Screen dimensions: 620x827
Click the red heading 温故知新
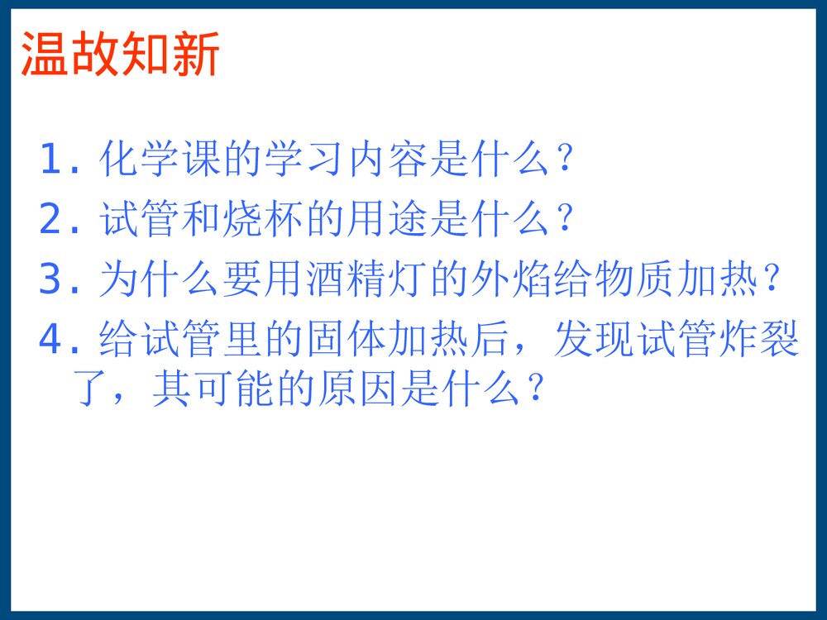pyautogui.click(x=120, y=55)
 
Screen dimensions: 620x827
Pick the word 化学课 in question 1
pyautogui.click(x=160, y=160)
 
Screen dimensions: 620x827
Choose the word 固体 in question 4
pyautogui.click(x=384, y=340)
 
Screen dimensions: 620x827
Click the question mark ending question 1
pyautogui.click(x=566, y=160)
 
